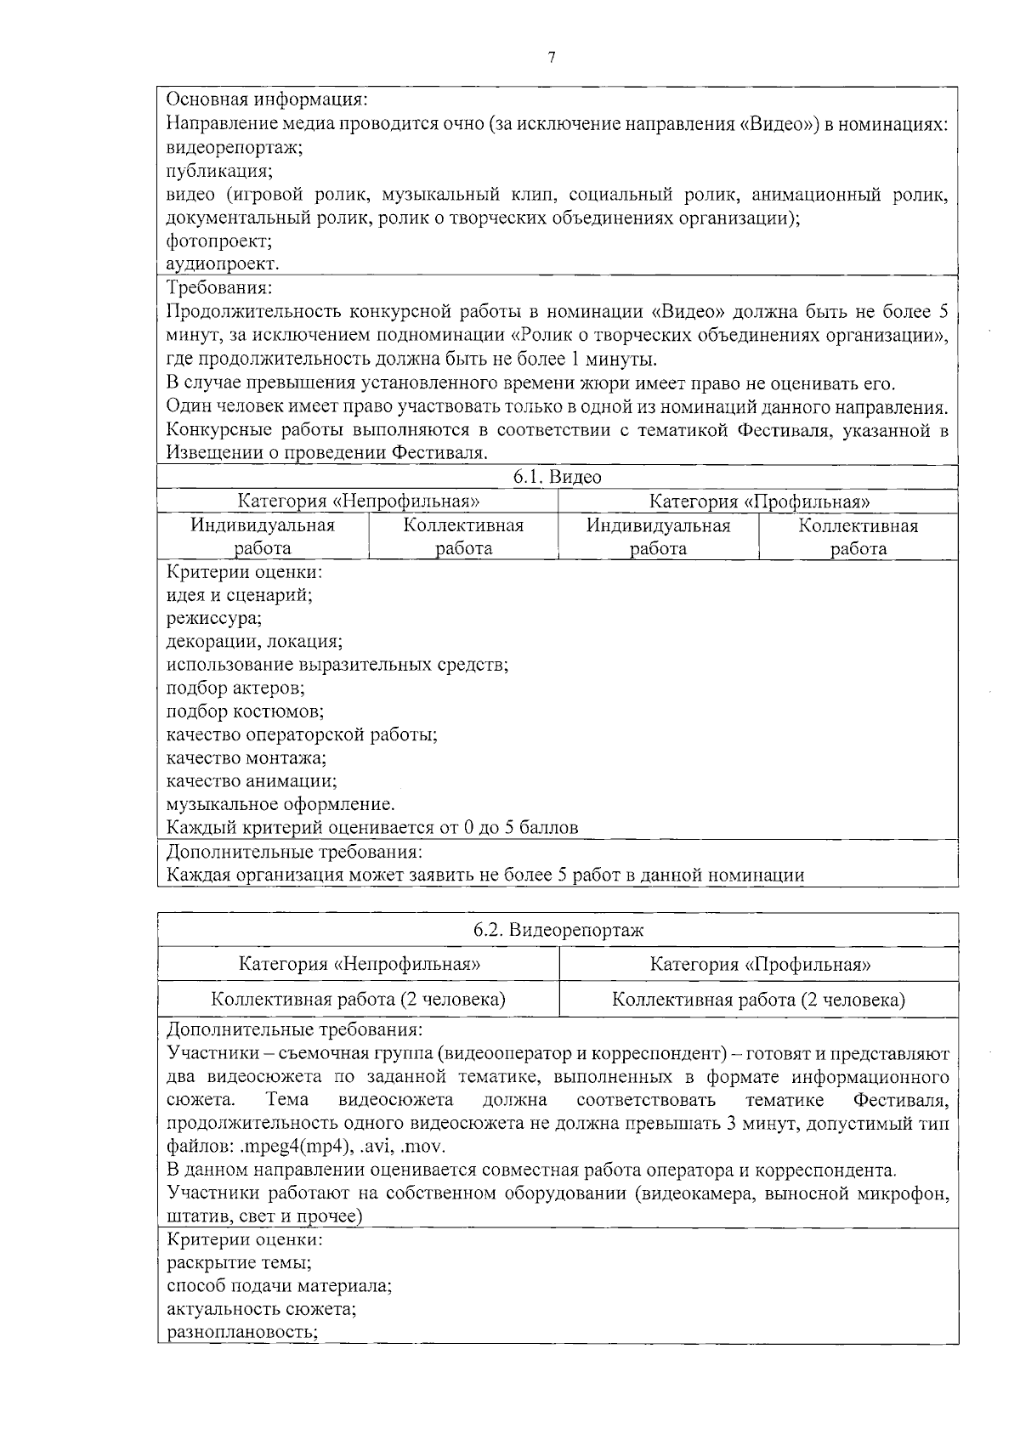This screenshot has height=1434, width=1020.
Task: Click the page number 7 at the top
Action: (x=552, y=57)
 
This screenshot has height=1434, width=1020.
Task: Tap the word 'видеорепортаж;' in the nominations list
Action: (x=235, y=147)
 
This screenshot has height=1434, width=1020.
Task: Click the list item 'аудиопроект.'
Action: (x=223, y=264)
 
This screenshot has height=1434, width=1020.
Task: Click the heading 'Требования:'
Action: (x=219, y=287)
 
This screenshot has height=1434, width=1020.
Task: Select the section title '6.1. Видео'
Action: (x=558, y=477)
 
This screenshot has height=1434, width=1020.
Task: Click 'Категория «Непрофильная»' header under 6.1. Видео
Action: (x=358, y=502)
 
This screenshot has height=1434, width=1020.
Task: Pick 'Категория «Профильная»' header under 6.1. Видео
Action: (x=759, y=502)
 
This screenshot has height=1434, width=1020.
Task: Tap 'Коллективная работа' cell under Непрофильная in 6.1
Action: (x=463, y=537)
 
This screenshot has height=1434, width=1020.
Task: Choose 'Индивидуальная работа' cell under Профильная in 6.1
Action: (x=658, y=537)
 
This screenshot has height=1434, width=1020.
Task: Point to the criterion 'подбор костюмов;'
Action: (x=245, y=711)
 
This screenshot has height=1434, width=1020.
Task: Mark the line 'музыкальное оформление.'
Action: (x=280, y=804)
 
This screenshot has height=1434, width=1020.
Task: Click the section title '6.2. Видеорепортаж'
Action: (x=558, y=930)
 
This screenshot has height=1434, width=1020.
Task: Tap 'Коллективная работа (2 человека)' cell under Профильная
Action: (x=758, y=1000)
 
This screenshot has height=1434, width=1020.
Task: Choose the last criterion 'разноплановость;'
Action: (x=242, y=1332)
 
